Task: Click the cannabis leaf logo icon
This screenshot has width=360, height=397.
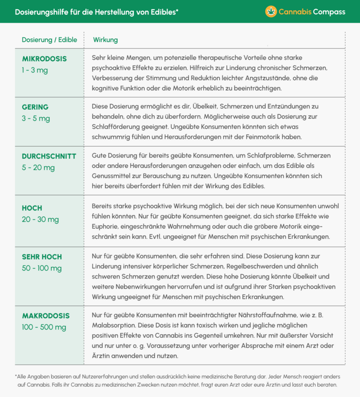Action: (x=271, y=11)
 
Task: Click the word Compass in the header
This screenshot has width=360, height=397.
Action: (x=329, y=11)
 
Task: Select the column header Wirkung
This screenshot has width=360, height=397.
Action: (x=105, y=40)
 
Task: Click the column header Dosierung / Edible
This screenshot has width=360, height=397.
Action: (x=49, y=40)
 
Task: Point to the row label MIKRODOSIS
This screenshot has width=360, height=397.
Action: (x=44, y=59)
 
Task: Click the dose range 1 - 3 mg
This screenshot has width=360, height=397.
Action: (x=35, y=70)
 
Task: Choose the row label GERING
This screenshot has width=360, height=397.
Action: (x=35, y=107)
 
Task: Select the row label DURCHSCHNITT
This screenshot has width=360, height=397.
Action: (x=49, y=156)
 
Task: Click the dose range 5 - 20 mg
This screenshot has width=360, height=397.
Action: (x=38, y=167)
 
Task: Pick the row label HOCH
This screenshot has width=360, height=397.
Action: (x=32, y=208)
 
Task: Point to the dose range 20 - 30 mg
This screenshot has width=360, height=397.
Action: (x=40, y=219)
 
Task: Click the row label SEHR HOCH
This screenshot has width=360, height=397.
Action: (x=42, y=256)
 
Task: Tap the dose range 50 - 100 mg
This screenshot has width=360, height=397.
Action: (x=42, y=268)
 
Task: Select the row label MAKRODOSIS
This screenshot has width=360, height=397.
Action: (x=46, y=316)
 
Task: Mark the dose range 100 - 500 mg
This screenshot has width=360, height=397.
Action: (x=44, y=327)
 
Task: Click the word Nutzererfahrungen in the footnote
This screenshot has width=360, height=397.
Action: (x=103, y=376)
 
